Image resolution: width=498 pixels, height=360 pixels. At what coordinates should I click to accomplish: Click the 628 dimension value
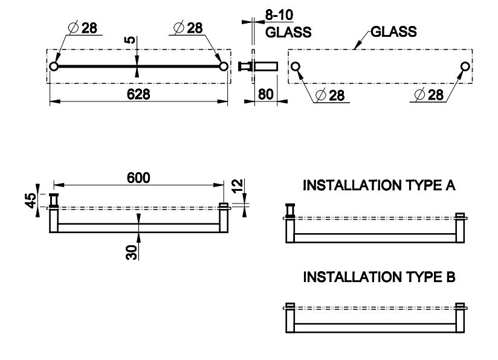click(138, 94)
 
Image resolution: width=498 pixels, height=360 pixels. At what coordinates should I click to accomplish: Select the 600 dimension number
click(138, 178)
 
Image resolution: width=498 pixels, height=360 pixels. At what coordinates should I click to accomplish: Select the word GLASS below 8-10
click(288, 31)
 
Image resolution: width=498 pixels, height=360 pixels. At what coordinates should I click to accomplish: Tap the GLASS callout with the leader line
click(393, 31)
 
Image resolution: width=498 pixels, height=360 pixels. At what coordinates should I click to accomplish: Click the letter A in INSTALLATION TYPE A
click(449, 185)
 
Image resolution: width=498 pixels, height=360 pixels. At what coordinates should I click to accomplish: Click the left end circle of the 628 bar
click(54, 66)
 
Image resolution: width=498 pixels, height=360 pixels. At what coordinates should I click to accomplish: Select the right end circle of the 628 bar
click(223, 66)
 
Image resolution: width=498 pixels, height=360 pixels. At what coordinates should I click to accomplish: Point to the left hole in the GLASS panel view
click(296, 66)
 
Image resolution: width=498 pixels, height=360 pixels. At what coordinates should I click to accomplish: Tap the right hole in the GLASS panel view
click(465, 66)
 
